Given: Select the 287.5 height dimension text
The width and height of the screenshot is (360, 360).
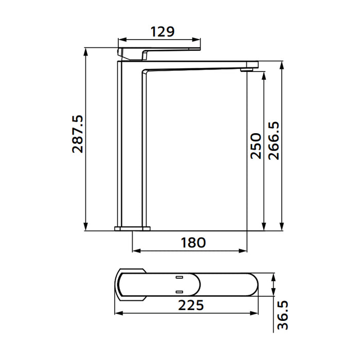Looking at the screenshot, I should pyautogui.click(x=78, y=134).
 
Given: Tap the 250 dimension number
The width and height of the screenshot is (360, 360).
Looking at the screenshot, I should pyautogui.click(x=255, y=146).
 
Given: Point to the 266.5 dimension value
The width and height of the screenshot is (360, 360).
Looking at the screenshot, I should pyautogui.click(x=273, y=140).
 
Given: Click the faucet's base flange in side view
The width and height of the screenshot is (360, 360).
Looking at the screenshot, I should pyautogui.click(x=132, y=227).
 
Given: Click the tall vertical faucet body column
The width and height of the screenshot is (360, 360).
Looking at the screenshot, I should pyautogui.click(x=132, y=144).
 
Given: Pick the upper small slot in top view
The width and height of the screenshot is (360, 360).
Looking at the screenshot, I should pyautogui.click(x=179, y=278).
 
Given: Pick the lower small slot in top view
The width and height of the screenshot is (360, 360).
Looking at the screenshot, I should pyautogui.click(x=179, y=290).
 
